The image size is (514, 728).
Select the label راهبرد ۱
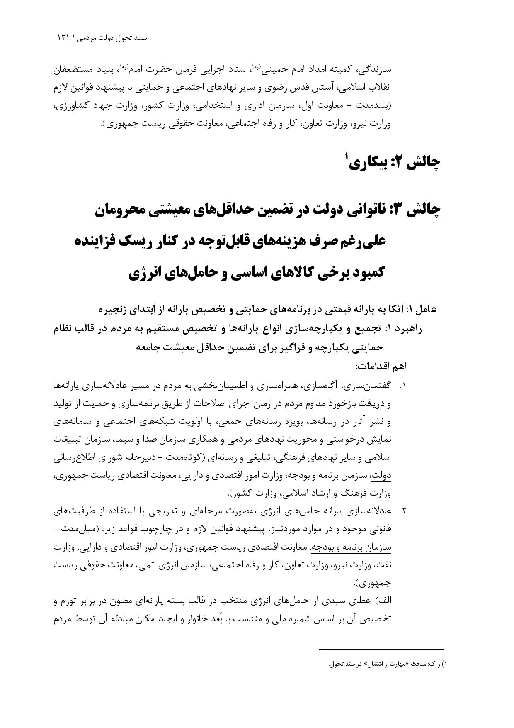pyautogui.click(x=404, y=329)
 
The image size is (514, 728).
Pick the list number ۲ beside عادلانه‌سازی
pyautogui.click(x=402, y=511)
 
